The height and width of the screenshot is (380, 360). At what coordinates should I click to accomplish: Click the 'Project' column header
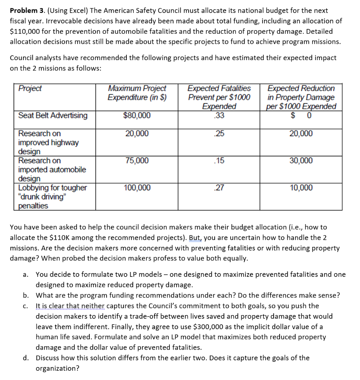pos(30,89)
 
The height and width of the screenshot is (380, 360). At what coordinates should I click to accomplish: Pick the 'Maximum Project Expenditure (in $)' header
pos(137,93)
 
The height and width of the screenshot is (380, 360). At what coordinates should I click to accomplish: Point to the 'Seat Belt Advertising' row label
pos(53,115)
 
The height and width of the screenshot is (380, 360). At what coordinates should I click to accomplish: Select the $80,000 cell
pos(137,115)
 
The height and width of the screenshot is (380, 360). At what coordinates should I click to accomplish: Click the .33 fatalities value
pos(219,115)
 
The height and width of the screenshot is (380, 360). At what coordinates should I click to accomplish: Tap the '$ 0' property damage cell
pos(301,115)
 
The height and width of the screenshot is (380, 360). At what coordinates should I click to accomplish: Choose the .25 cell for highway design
pos(219,134)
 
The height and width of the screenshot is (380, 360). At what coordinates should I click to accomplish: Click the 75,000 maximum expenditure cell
pos(137,161)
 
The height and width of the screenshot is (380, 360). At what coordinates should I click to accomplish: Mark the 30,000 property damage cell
pos(301,161)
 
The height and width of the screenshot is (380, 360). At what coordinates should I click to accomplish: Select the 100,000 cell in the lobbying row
pos(137,188)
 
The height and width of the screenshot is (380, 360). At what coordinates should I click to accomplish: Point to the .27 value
pos(219,188)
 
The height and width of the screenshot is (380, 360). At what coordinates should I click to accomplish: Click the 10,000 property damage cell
pos(301,188)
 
